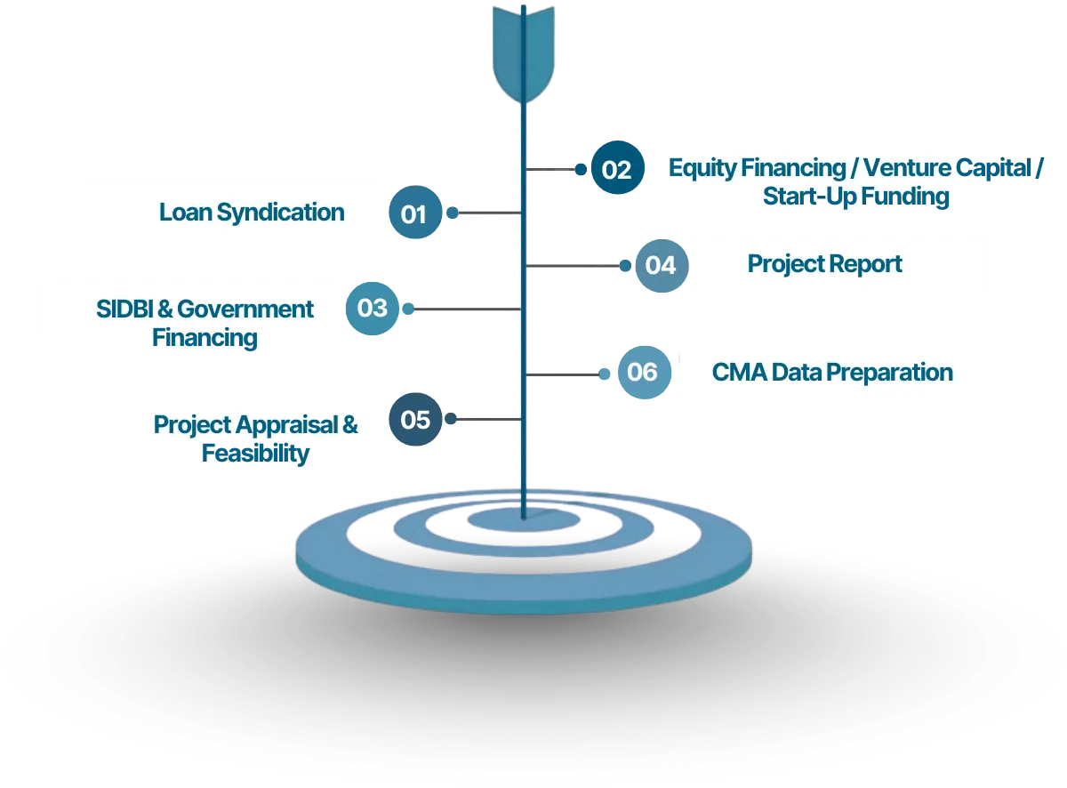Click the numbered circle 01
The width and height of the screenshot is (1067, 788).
point(415,213)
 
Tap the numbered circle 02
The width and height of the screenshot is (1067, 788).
point(618,167)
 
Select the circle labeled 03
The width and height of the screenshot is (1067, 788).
point(373,309)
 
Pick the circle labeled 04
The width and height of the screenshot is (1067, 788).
point(662,266)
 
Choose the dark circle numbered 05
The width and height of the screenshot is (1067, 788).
point(415,419)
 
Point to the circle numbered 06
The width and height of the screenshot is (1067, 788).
point(645,372)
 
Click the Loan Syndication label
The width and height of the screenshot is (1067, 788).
point(252,213)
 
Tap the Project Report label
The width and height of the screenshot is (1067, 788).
point(824,264)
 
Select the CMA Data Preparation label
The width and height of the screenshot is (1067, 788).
point(832,373)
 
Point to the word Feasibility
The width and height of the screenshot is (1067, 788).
point(255,454)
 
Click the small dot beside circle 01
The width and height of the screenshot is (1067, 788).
point(453,213)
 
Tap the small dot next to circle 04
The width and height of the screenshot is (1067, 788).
point(625,266)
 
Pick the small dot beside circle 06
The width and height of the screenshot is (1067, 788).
point(605,374)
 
